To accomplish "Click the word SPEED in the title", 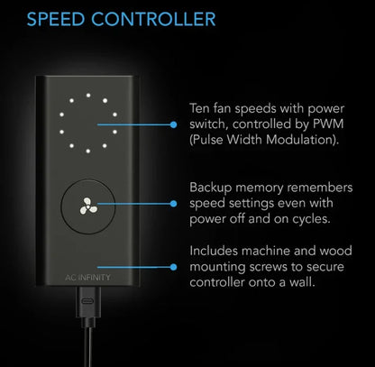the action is click(56, 19).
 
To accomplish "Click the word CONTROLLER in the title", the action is click(153, 19).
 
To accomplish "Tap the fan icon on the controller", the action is click(88, 206).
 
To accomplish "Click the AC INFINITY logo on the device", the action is click(87, 278).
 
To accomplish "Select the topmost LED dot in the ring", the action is click(88, 96).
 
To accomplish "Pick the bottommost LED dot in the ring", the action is click(88, 151).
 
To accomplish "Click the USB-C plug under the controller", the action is click(88, 302).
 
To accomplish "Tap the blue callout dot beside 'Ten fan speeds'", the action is click(173, 124).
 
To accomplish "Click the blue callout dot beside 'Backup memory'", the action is click(173, 204).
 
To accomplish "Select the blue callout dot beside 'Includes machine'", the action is click(173, 267).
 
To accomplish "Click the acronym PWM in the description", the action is click(328, 124).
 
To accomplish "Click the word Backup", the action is click(211, 188).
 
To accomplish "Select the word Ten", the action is click(199, 108).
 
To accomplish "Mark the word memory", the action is click(260, 188).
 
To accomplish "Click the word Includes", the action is click(214, 251).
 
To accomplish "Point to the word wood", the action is click(335, 251).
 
